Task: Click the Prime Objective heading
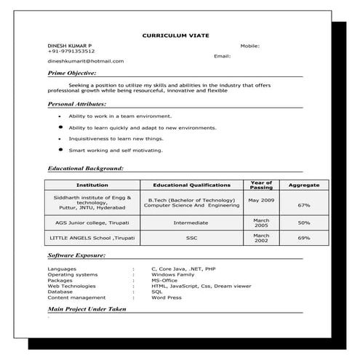click(72, 73)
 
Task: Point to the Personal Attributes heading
click(76, 104)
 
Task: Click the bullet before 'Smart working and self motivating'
click(60, 149)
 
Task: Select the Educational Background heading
click(84, 168)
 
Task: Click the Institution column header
click(92, 185)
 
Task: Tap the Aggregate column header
click(304, 185)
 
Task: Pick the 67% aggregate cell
click(304, 205)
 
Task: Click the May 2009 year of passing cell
click(261, 199)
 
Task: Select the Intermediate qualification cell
click(191, 223)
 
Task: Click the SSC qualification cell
click(191, 238)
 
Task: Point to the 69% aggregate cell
click(304, 238)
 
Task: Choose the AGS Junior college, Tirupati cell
click(92, 223)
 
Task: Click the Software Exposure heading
click(76, 256)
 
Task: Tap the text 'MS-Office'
click(165, 280)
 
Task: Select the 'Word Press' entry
click(166, 297)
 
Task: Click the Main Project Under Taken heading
click(87, 309)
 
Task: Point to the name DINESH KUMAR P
click(70, 45)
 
